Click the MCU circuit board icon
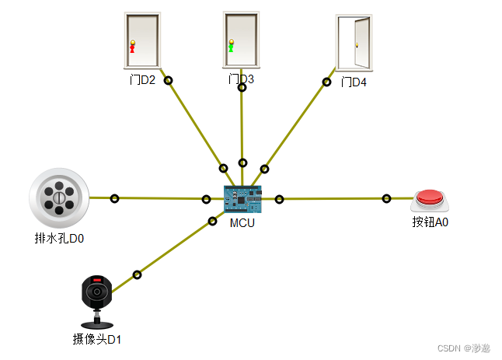[x=242, y=200]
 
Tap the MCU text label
[x=242, y=222]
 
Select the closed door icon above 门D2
[x=142, y=40]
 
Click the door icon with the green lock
[x=241, y=40]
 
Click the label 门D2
[x=143, y=80]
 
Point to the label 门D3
[x=241, y=79]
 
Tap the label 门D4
[x=354, y=82]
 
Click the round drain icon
[x=59, y=197]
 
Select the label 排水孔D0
[x=59, y=239]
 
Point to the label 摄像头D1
[x=97, y=339]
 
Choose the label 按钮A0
[x=431, y=222]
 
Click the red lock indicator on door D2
[x=132, y=46]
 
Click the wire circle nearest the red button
[x=386, y=199]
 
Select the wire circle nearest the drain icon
[x=115, y=198]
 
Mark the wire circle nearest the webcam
[x=138, y=274]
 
